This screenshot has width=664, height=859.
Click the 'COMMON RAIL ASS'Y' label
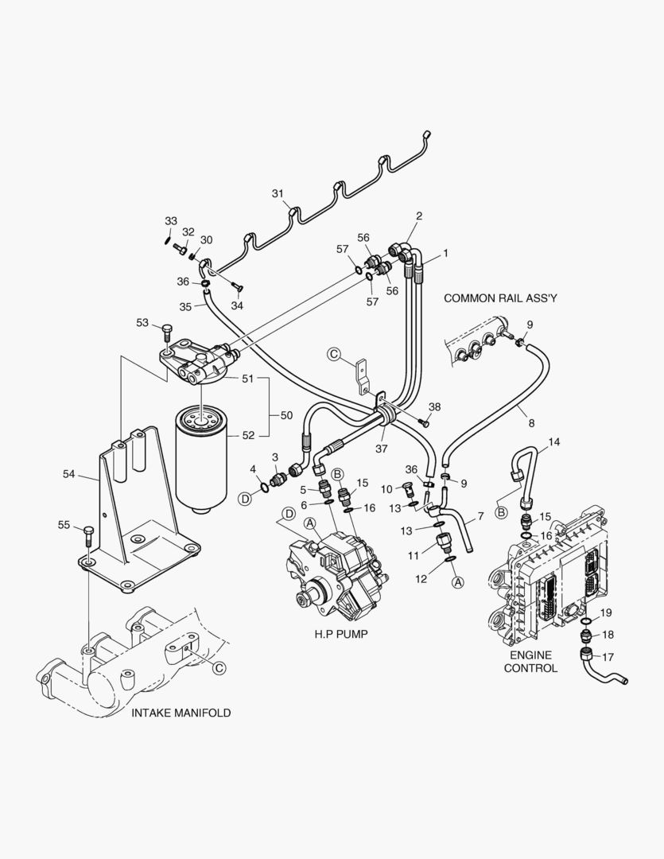pyautogui.click(x=501, y=297)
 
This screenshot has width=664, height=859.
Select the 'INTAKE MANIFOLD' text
pyautogui.click(x=181, y=713)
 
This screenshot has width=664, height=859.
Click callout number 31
pyautogui.click(x=278, y=193)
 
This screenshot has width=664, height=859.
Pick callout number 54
pyautogui.click(x=68, y=474)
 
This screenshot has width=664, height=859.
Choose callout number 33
pyautogui.click(x=171, y=220)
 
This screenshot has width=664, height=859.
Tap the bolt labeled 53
pyautogui.click(x=167, y=329)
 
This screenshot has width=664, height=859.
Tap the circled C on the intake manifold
pyautogui.click(x=219, y=669)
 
